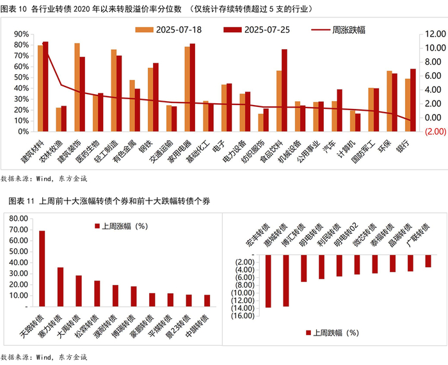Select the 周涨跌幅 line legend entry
point(337,29)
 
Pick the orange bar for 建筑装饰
point(77,79)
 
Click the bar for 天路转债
point(42,269)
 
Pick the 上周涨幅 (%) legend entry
point(122,226)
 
